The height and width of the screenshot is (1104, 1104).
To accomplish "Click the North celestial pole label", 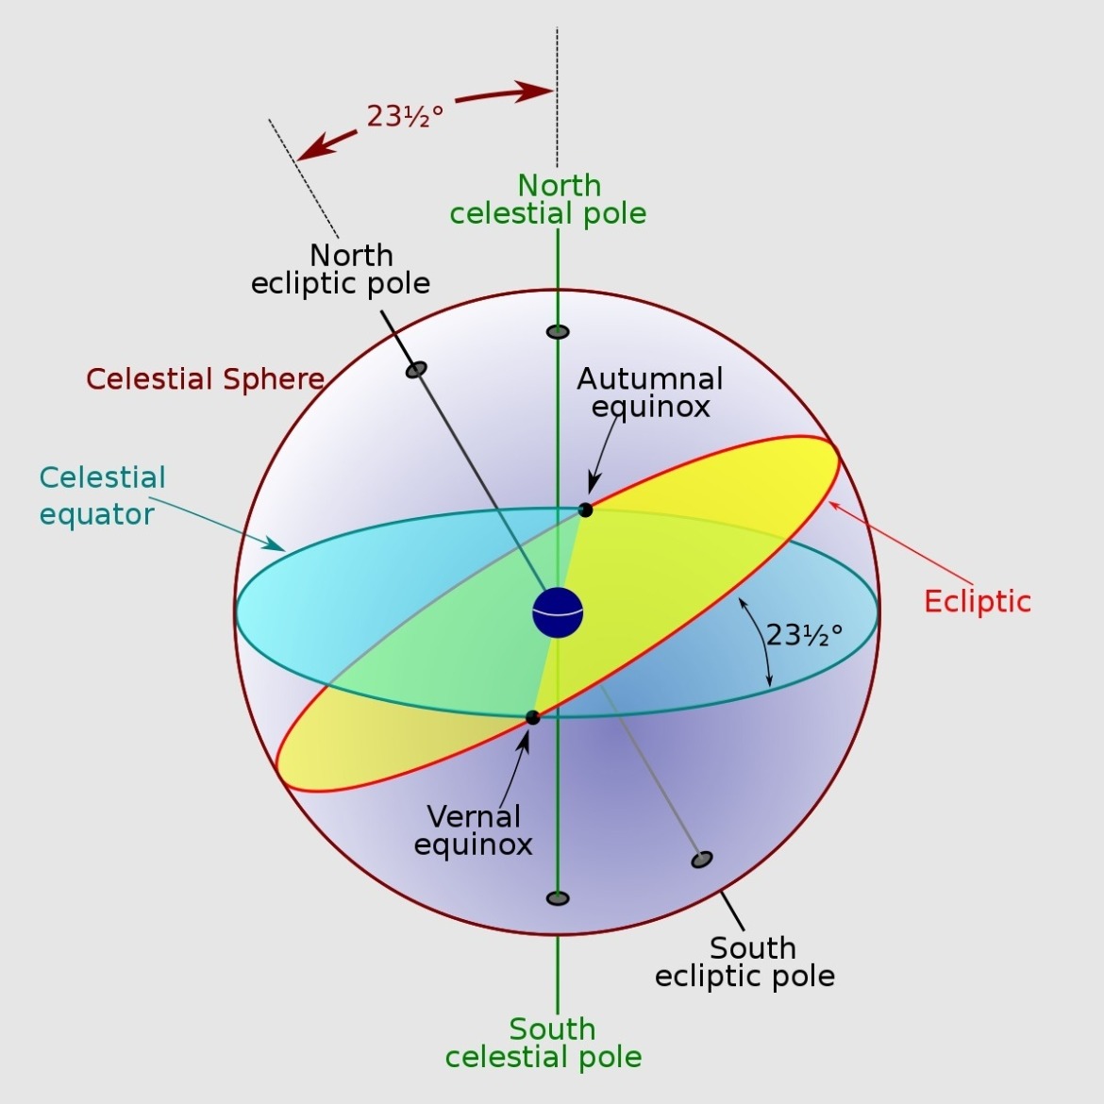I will [x=548, y=199].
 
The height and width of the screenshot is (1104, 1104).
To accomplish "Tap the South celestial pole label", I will [x=544, y=1043].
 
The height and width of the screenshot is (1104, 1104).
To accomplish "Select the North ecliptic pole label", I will [x=342, y=269].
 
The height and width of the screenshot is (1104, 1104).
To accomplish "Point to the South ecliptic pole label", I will [x=745, y=962].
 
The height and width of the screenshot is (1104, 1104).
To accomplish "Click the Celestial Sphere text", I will [x=205, y=379].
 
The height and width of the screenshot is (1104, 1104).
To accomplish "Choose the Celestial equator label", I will [x=101, y=495].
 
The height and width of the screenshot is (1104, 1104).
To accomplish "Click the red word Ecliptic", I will [x=977, y=601].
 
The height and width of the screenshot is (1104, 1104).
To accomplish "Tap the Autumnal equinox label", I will [x=650, y=392].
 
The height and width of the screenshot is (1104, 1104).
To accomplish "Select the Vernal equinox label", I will [x=474, y=829].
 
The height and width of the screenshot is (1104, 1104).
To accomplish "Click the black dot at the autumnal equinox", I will [x=585, y=510].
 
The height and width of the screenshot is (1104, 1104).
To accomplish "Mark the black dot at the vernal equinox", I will [x=532, y=717].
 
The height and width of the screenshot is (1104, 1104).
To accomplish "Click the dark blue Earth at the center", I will [x=558, y=612].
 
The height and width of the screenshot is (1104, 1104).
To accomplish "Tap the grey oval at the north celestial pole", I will [x=558, y=331].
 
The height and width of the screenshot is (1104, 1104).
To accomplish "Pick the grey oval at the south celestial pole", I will [x=558, y=897].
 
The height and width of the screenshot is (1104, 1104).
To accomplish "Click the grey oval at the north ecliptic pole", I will [x=416, y=369].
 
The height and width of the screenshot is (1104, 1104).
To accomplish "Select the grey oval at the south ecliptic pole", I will [x=701, y=859].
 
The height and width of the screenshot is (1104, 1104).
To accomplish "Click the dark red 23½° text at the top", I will [x=405, y=116].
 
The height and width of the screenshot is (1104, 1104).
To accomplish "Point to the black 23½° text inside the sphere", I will [x=804, y=635].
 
